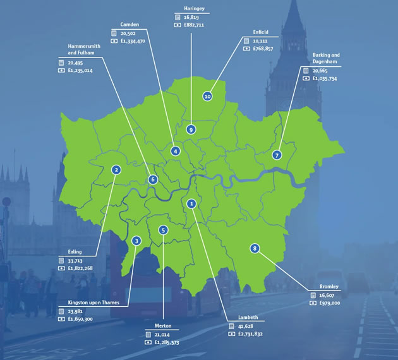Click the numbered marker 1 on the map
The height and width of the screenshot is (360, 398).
coord(191,203)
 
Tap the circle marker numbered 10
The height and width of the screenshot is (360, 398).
coord(207,96)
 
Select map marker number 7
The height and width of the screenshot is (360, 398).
coord(277,155)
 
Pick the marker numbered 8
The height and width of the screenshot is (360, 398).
coord(254,248)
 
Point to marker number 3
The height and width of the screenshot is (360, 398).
coord(136,241)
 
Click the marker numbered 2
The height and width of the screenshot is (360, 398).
coord(116,169)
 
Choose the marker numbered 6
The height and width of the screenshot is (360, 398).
coord(153,179)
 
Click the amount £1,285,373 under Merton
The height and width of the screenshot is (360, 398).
coord(171,342)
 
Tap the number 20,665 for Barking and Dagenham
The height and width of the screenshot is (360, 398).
coord(325,71)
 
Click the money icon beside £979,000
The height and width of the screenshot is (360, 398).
coord(313,303)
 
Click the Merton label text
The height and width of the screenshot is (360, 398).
coord(162,326)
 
